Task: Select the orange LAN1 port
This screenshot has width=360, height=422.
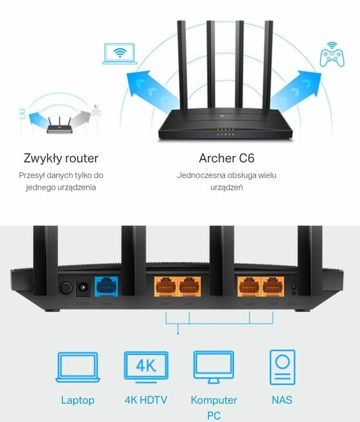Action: pos(165,286)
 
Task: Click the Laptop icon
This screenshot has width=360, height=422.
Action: pos(77,368)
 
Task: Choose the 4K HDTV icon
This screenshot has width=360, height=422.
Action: pos(146,368)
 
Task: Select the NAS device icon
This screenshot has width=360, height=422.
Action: pos(282,368)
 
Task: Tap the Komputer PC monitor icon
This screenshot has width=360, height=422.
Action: pos(214,368)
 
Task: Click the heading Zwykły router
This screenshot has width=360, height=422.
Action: pos(61,158)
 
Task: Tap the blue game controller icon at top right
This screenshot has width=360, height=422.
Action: pos(332,55)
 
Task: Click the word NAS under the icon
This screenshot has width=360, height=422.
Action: pos(282,400)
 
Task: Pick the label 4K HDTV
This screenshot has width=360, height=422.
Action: pos(146,400)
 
